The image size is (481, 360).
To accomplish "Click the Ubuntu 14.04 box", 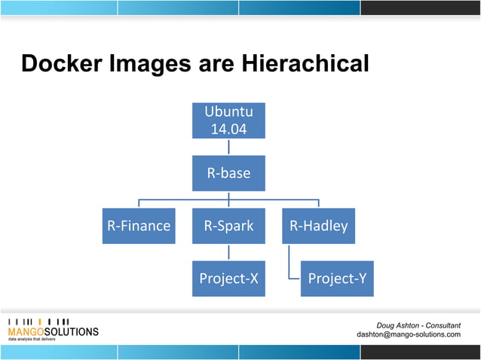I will (x=228, y=120).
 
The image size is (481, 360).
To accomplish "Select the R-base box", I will (x=228, y=173).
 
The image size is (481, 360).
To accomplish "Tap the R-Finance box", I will (x=139, y=225).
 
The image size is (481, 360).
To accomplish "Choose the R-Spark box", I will (x=228, y=225).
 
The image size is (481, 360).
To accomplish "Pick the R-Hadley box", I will (x=318, y=225).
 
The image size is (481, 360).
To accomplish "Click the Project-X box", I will (x=228, y=278).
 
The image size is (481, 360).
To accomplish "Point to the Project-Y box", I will (x=337, y=278).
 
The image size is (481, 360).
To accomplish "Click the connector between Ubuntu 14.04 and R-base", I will (x=228, y=147).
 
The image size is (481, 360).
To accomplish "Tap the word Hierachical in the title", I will (x=305, y=64).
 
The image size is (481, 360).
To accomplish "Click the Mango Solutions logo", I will (x=53, y=328).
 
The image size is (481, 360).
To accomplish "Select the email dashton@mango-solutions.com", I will (x=408, y=334).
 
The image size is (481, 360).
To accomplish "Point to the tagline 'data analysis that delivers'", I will (x=32, y=340).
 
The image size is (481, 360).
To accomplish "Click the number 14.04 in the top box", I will (x=228, y=128).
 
